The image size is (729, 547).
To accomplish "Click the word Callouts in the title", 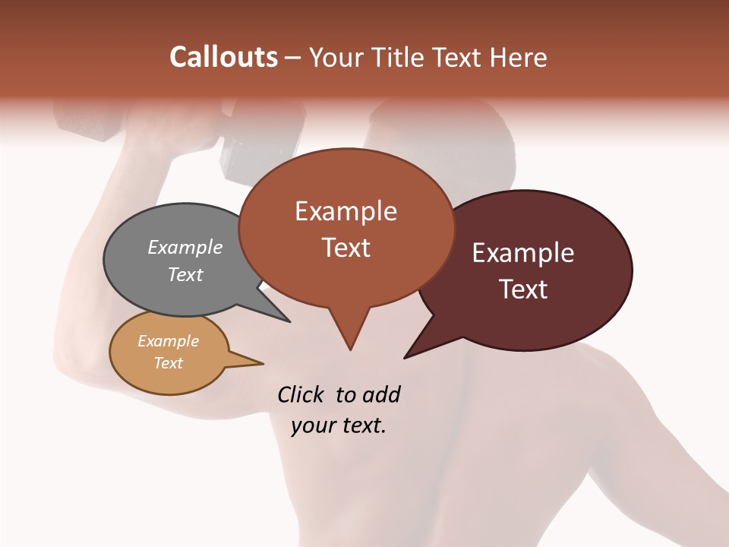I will point(223,57).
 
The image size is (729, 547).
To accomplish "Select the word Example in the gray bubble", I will point(185,247).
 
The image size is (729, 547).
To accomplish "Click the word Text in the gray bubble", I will point(185,274).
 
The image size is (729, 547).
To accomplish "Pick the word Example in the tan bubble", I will point(168,341).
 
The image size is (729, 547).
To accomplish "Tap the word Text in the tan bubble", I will point(168,363).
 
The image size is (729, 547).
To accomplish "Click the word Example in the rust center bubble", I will point(346,211).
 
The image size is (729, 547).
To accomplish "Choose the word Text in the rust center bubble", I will point(346,248).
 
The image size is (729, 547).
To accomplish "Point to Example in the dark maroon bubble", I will point(523,253).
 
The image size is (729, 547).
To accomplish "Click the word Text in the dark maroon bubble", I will point(523,289).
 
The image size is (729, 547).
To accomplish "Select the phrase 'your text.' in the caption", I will point(339,425).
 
